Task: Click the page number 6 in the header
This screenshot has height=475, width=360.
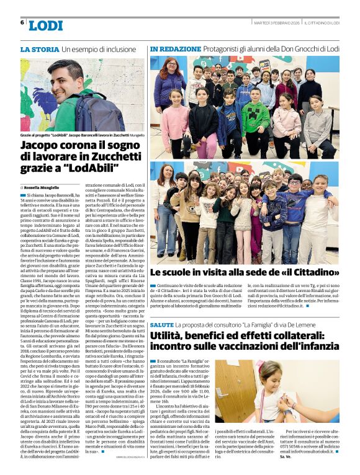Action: click(x=22, y=22)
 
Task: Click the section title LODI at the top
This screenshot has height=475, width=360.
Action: click(x=45, y=25)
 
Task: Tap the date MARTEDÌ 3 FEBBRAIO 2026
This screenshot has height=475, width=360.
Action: click(x=276, y=24)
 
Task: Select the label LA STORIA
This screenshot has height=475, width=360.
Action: click(x=40, y=48)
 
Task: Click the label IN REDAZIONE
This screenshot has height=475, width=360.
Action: click(x=174, y=48)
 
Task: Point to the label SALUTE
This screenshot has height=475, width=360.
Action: click(x=162, y=325)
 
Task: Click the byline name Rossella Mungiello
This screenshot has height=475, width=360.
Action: click(x=42, y=187)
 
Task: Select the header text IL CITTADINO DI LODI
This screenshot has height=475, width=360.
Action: click(x=322, y=24)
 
